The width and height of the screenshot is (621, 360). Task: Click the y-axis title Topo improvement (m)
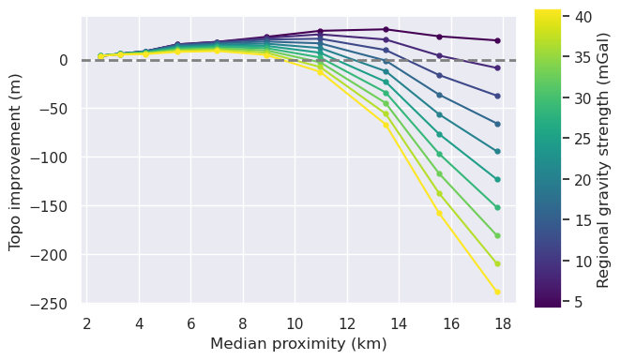pos(16,160)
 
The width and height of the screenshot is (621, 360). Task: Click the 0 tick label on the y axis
pos(64,60)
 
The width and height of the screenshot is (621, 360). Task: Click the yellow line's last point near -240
pos(497,292)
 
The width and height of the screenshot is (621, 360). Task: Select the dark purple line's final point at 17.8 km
pos(497,40)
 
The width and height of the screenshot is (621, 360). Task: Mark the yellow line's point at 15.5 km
pos(439,213)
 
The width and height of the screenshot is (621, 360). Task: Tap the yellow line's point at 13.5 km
pos(386,125)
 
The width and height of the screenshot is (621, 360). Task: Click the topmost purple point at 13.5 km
pos(386,29)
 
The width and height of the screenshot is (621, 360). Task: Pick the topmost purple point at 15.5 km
pos(439,37)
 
